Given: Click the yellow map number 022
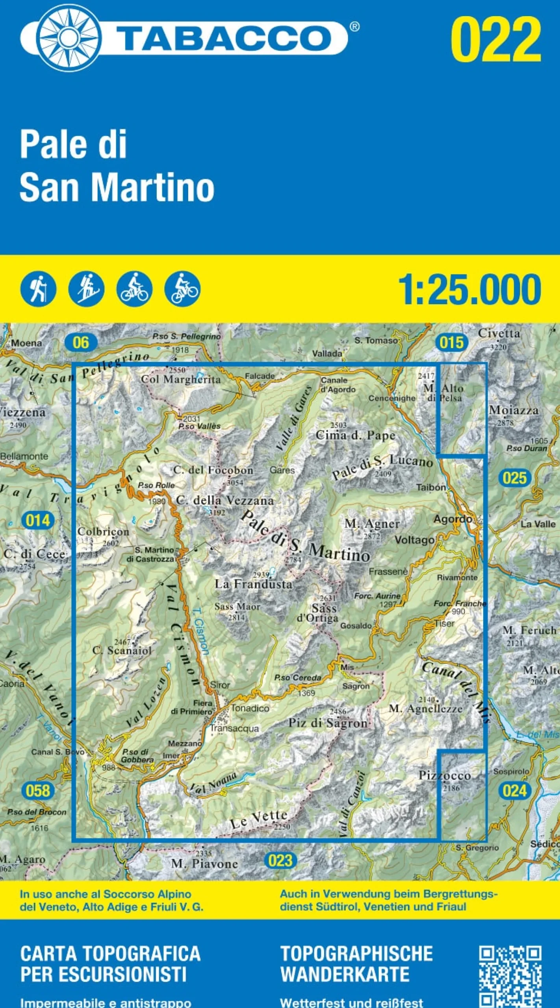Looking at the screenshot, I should point(496,39).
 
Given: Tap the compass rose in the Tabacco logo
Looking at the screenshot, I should point(69,38).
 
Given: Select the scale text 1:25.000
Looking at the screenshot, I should point(469,289).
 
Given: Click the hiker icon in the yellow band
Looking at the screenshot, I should point(38,289).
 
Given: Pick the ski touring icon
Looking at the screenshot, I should point(86,289).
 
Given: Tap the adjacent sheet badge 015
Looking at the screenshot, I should point(451,343).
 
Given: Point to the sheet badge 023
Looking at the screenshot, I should point(280,861).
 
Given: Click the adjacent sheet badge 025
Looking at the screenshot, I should point(515,478).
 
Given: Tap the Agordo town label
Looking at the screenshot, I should point(452,519).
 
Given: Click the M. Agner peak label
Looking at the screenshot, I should point(372,524).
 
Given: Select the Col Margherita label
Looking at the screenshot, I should point(181,380).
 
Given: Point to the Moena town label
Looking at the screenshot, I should point(26,343).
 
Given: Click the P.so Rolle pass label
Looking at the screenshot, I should point(156,485).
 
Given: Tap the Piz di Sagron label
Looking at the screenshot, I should point(328,723).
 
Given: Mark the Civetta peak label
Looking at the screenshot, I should point(499,334).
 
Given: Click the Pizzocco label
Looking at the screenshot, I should point(445,776).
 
